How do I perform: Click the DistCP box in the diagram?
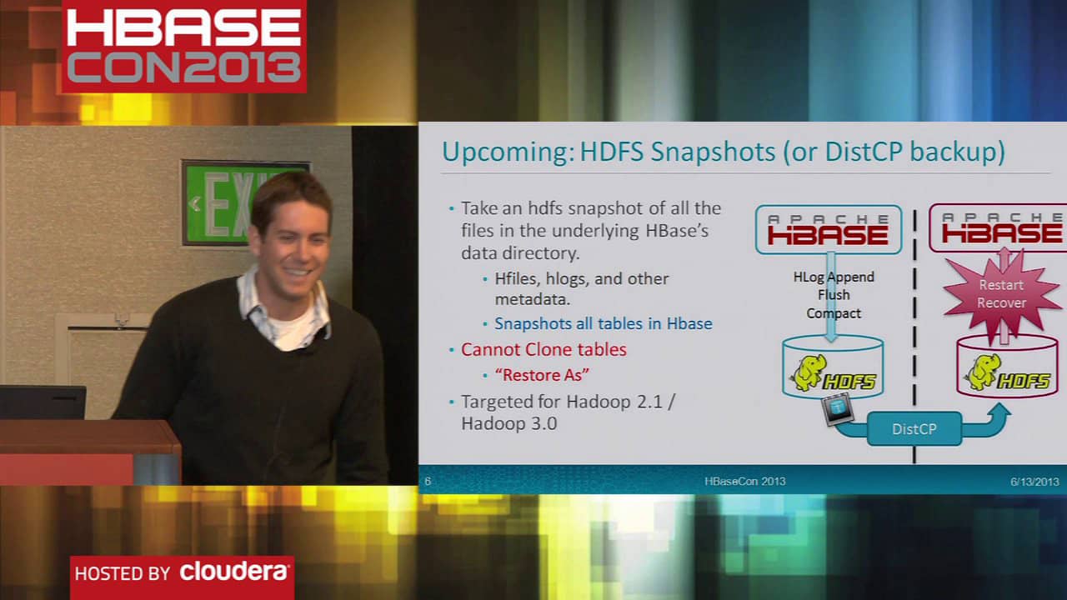914,428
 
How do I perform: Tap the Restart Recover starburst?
1002,294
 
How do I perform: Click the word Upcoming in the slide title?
508,152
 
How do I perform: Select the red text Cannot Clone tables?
544,349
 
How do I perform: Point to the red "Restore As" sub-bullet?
542,375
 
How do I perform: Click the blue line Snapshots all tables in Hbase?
604,323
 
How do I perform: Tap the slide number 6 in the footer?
428,481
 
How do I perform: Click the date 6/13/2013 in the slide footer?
1034,482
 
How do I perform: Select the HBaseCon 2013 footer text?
745,481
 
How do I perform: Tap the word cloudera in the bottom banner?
234,572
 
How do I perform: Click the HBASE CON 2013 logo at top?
184,46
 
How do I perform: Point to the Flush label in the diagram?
834,295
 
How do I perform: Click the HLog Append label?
834,277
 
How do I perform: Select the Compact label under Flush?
834,312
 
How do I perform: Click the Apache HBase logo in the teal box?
829,229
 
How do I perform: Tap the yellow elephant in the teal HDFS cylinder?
809,372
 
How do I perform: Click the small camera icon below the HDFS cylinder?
838,407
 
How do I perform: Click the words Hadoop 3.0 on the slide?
508,423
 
